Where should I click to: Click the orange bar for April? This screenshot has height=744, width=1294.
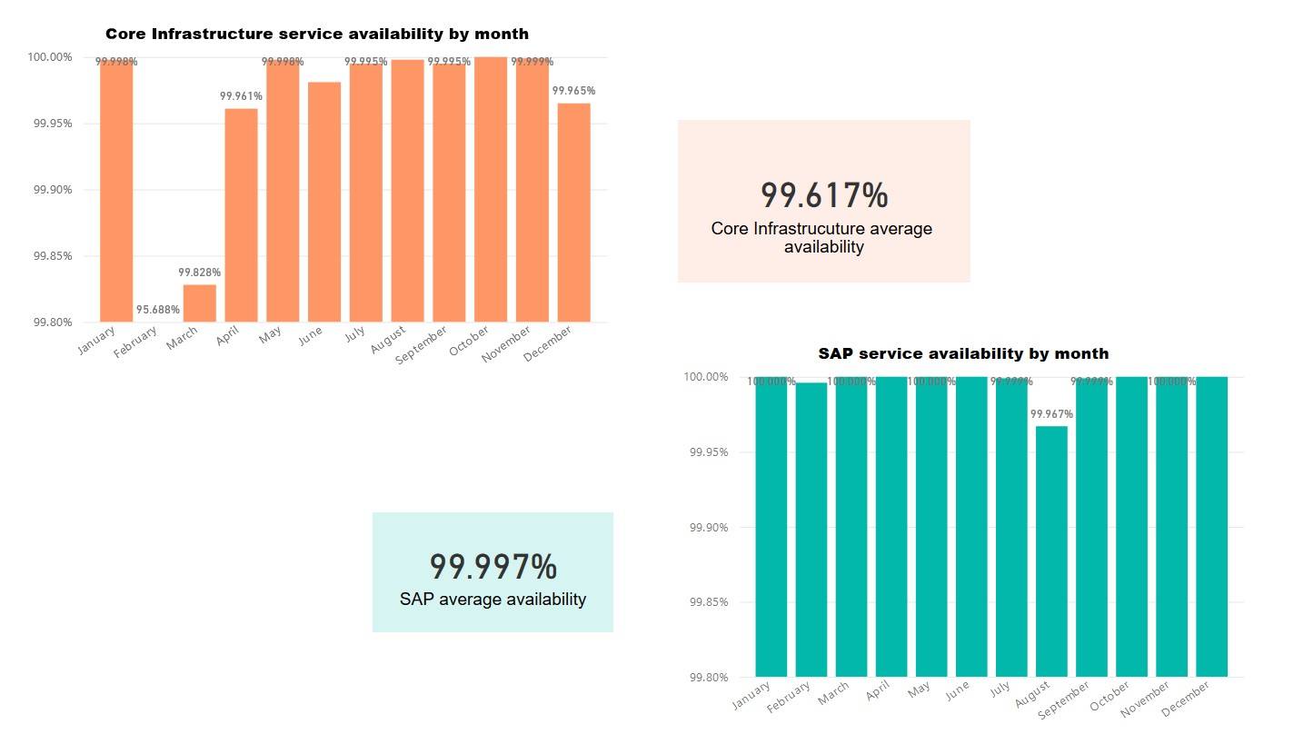[x=241, y=215]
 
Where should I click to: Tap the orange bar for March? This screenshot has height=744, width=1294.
[x=200, y=303]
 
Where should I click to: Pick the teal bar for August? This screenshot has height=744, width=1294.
[x=1051, y=551]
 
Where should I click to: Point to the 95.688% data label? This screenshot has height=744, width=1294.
[x=158, y=310]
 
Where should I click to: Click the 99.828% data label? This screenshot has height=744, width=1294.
[x=200, y=273]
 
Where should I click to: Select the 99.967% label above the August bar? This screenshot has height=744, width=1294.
[x=1051, y=414]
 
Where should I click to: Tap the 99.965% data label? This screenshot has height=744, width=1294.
[x=573, y=91]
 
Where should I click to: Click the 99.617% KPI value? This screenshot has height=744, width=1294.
[x=823, y=195]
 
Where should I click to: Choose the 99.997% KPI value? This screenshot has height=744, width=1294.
[x=493, y=567]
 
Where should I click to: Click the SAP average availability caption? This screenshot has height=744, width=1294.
[x=493, y=600]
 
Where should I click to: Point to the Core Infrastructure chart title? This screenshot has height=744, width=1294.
[x=316, y=35]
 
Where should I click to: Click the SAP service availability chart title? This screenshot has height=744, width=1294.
[x=963, y=353]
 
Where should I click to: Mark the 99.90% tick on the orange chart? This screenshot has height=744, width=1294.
[x=53, y=190]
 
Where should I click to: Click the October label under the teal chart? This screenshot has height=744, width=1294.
[x=1108, y=700]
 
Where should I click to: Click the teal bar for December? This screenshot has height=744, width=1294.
[x=1211, y=527]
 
